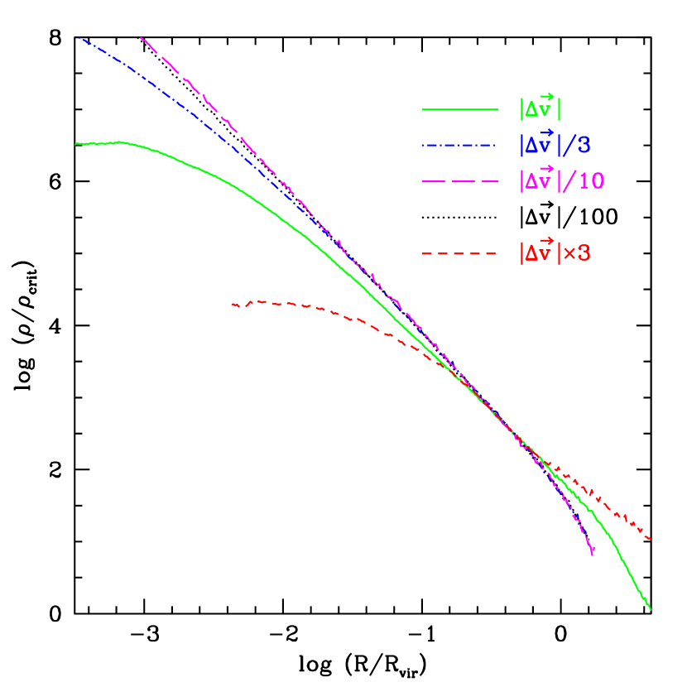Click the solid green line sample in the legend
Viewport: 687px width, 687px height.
pyautogui.click(x=459, y=109)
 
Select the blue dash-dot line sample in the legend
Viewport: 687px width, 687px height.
pyautogui.click(x=459, y=146)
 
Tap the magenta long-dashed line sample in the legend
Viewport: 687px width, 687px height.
pyautogui.click(x=459, y=181)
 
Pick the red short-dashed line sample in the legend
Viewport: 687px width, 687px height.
pyautogui.click(x=459, y=253)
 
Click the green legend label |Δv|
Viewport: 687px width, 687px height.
pyautogui.click(x=541, y=108)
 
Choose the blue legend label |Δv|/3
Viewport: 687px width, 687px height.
pyautogui.click(x=555, y=144)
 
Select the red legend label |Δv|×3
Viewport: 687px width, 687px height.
pyautogui.click(x=555, y=252)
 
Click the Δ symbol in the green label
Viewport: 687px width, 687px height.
pyautogui.click(x=531, y=110)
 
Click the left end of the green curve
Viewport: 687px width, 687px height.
pyautogui.click(x=75, y=144)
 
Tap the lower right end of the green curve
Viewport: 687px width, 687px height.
pyautogui.click(x=651, y=610)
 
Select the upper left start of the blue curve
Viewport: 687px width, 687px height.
pyautogui.click(x=79, y=37)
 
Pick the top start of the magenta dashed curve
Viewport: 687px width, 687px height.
pyautogui.click(x=142, y=37)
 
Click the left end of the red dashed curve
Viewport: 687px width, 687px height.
pyautogui.click(x=232, y=305)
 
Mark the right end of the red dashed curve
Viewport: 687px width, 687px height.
pyautogui.click(x=651, y=539)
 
